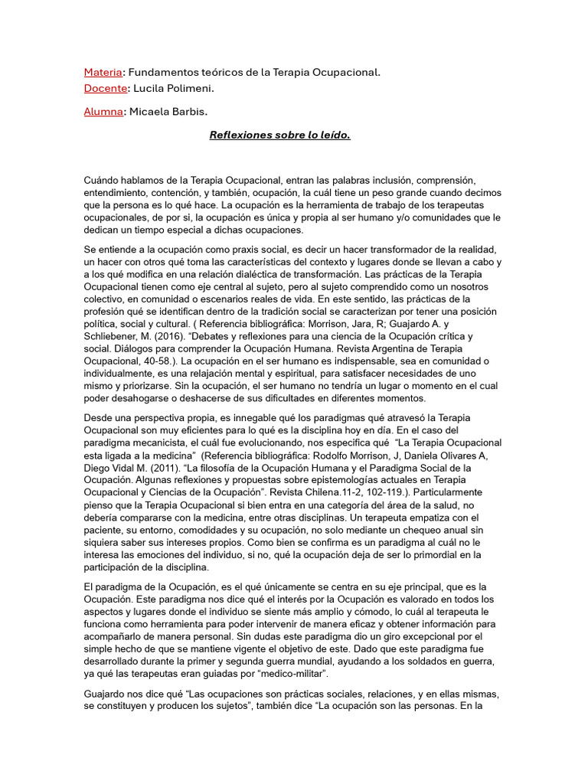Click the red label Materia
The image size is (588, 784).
coord(103,72)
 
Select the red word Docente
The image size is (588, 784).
coord(105,88)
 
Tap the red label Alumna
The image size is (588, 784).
coord(103,112)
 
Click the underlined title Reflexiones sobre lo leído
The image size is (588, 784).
coord(280,135)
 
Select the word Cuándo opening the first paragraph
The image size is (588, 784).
coord(103,181)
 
